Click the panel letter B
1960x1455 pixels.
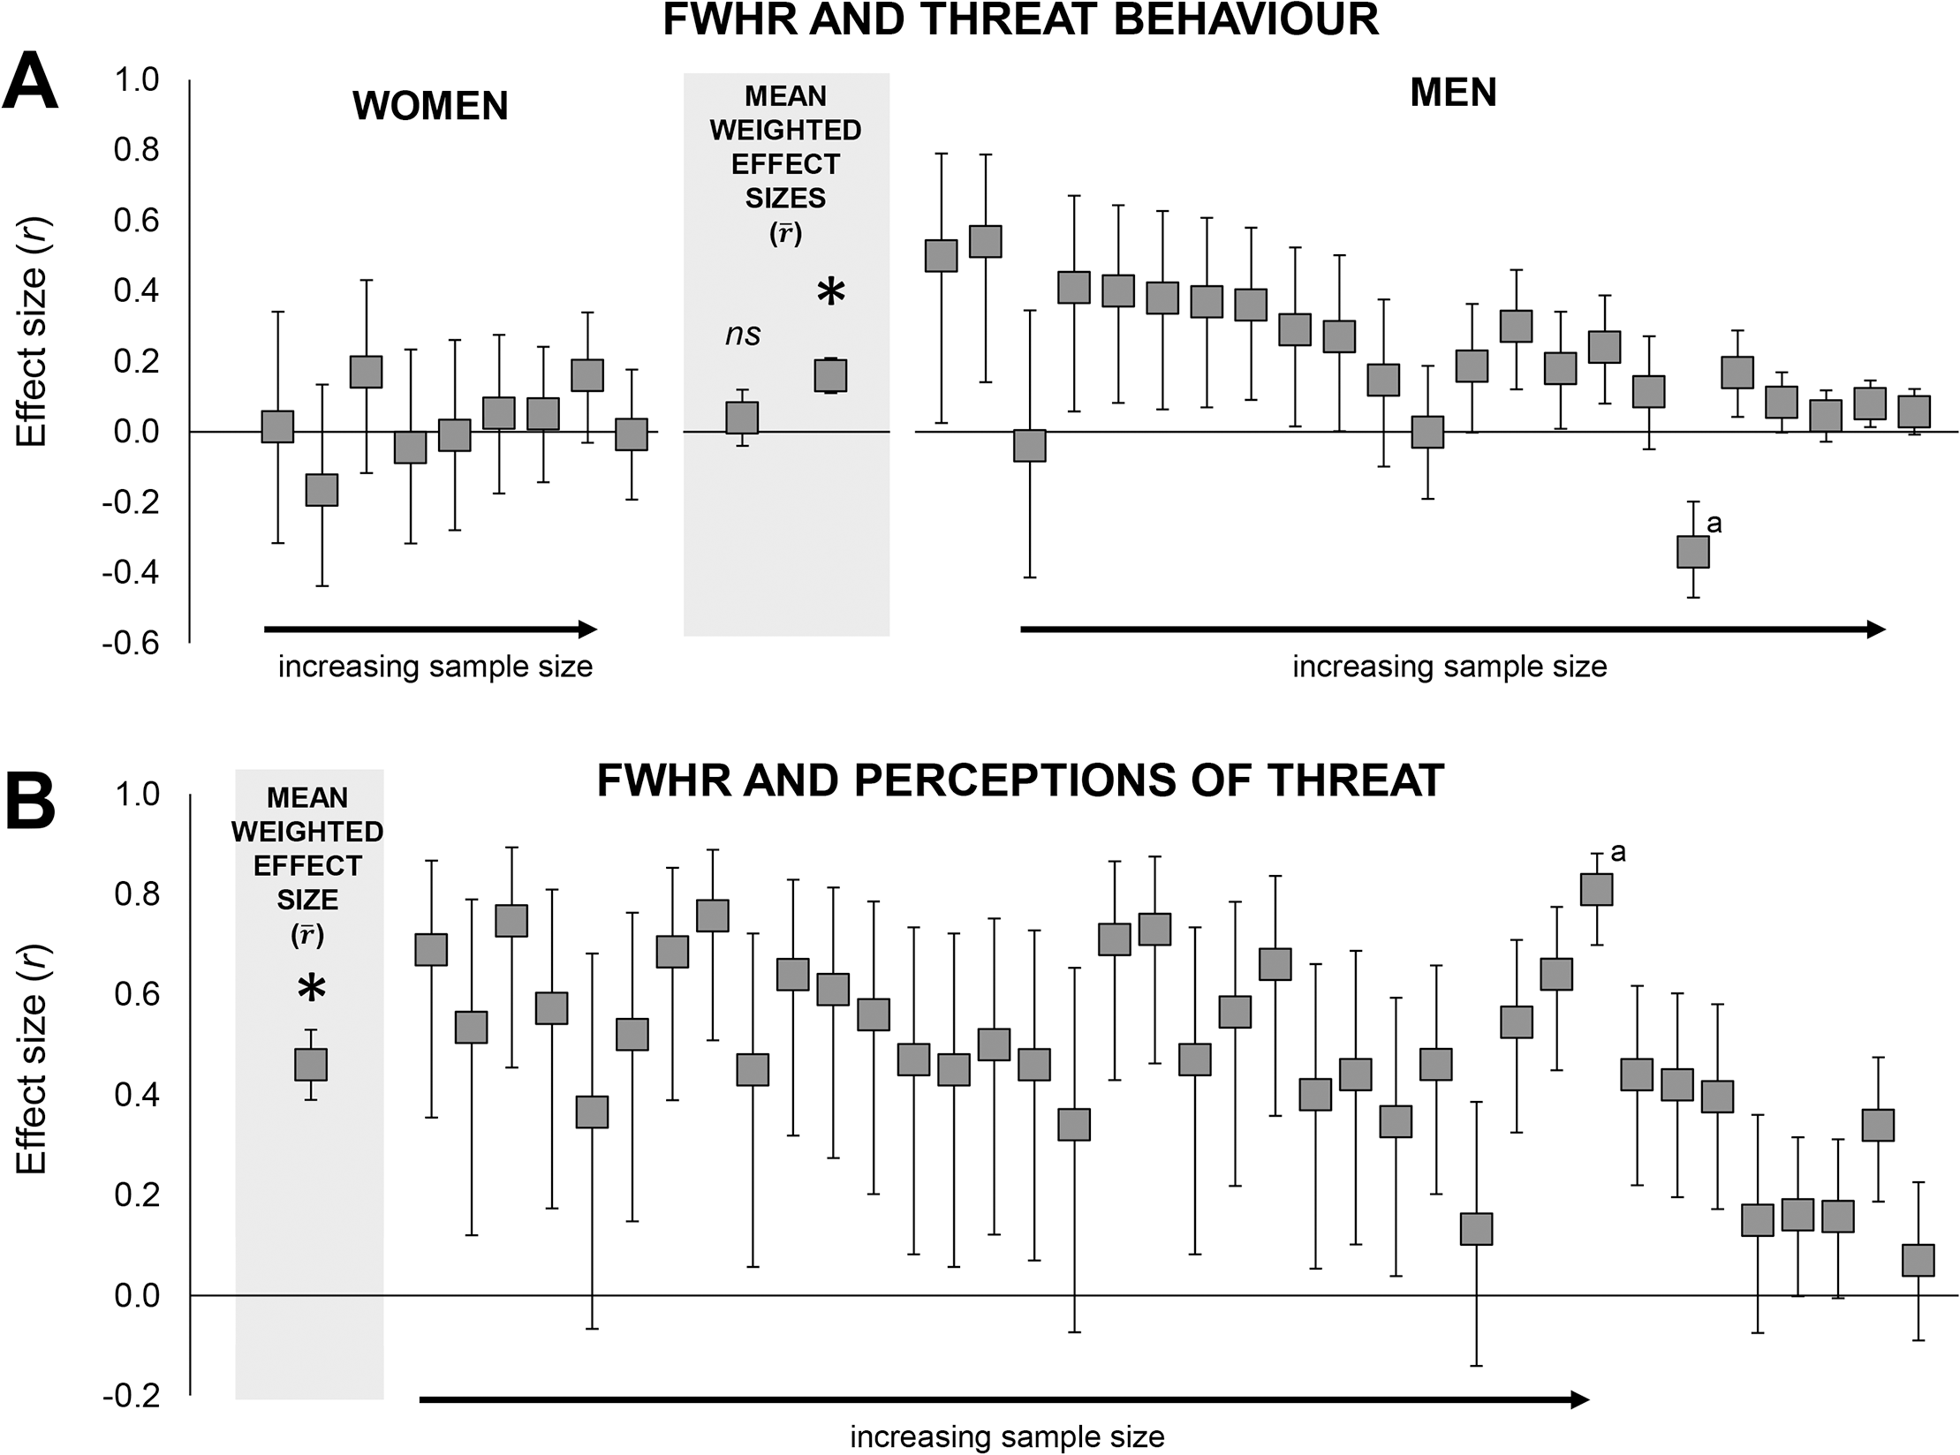coord(31,801)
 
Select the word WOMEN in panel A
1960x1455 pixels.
coord(430,106)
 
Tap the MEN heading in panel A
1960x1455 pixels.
coord(1453,93)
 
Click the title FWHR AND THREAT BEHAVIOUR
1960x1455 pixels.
coord(1020,19)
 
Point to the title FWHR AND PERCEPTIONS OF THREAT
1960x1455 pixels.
coord(1020,780)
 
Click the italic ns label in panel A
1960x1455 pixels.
coord(743,335)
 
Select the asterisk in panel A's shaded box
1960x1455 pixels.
coord(831,292)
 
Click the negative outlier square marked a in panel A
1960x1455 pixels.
coord(1693,552)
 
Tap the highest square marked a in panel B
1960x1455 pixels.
coord(1596,889)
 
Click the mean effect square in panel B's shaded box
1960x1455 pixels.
coord(311,1065)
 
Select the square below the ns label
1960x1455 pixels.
coord(742,418)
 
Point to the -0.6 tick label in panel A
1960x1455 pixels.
coord(131,643)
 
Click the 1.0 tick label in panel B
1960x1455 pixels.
coord(137,795)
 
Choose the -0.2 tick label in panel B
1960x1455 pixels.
coord(131,1396)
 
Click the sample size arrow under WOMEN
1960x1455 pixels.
coord(431,629)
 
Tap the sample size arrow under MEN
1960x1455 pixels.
coord(1453,629)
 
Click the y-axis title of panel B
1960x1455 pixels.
coord(31,1059)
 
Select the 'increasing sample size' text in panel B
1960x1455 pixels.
coord(1007,1437)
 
